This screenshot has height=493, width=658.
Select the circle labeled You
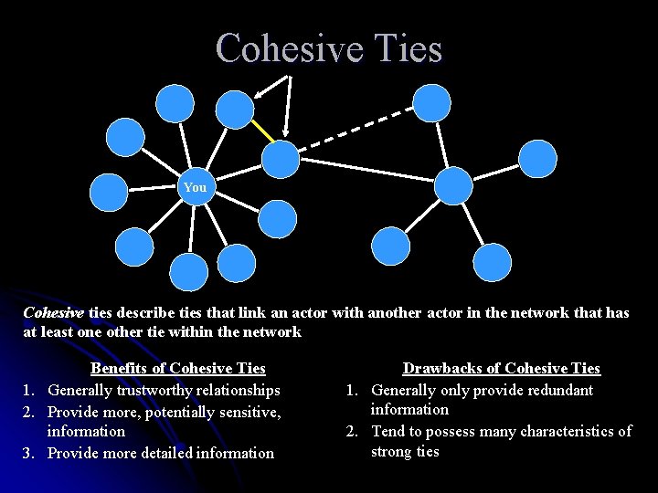(195, 187)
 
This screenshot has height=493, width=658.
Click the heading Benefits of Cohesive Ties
(177, 369)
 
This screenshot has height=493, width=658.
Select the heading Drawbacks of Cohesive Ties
(502, 369)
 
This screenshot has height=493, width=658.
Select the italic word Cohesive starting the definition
(53, 312)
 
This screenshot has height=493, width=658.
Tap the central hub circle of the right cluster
(453, 185)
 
